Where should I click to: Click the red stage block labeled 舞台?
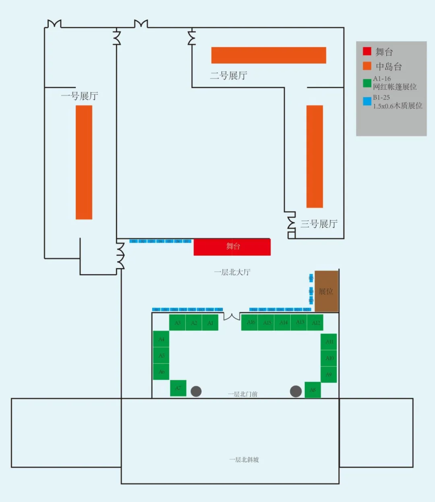coord(232,247)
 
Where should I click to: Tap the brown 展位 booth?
coord(326,291)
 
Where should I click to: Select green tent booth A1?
coord(210,323)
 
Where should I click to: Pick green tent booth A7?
coord(178,388)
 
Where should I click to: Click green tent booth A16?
coord(250,322)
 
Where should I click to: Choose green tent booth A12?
coord(316,322)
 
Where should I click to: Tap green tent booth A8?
coord(313,390)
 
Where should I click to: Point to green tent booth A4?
coord(161,339)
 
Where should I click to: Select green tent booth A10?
coord(329,358)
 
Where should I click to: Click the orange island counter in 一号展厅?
coord(84,162)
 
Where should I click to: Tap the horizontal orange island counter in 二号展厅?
coord(269,55)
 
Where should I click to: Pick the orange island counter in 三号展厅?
coord(315,157)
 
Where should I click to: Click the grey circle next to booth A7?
coord(196,391)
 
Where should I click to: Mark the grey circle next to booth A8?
coord(296,391)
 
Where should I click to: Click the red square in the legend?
coord(367,51)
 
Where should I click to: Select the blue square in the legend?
coord(367,101)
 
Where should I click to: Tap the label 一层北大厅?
coord(232,273)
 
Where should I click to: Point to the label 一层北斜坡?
coord(244,460)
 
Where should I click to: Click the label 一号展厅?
coord(79,96)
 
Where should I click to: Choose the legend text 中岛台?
coord(389,66)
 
